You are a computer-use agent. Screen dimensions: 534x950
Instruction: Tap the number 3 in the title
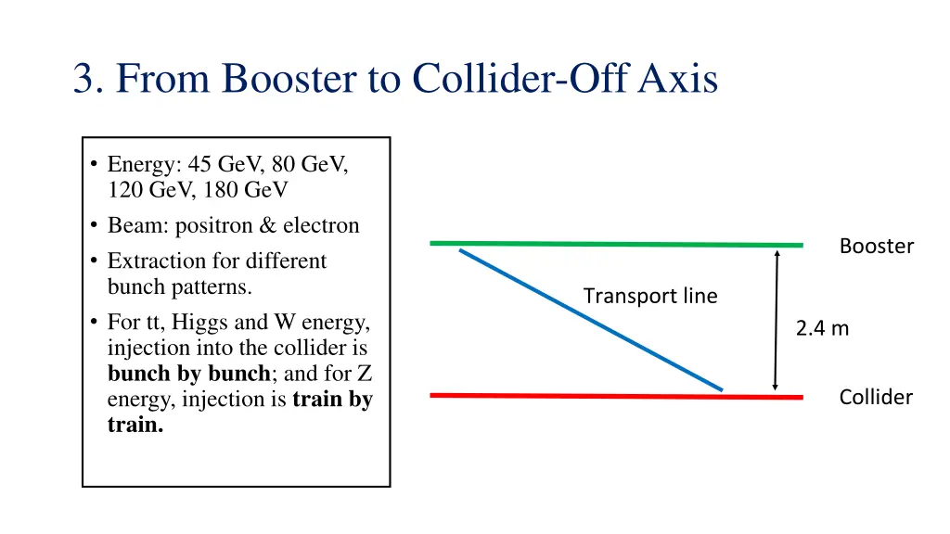pyautogui.click(x=86, y=79)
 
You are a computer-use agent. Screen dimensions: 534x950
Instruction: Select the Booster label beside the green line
pyautogui.click(x=876, y=247)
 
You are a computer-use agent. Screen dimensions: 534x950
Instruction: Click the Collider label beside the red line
pyautogui.click(x=875, y=398)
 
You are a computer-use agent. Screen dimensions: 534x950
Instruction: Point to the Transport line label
pyautogui.click(x=649, y=297)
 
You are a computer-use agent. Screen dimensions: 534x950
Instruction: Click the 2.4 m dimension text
pyautogui.click(x=822, y=328)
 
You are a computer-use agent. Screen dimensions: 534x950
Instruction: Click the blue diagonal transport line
pyautogui.click(x=590, y=319)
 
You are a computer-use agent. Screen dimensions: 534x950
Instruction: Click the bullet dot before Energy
pyautogui.click(x=95, y=166)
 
